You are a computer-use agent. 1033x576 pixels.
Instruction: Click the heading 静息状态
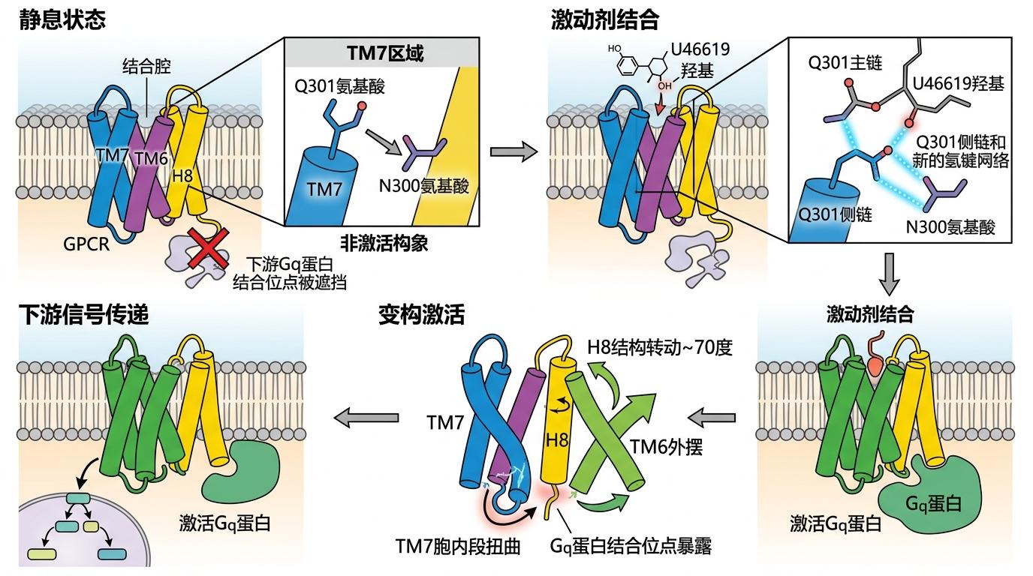[x=62, y=19]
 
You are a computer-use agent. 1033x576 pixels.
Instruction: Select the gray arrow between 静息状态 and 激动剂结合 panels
[x=513, y=152]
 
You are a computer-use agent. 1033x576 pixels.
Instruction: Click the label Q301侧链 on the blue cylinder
[x=835, y=214]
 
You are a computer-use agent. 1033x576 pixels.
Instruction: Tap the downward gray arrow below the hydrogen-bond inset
[x=889, y=275]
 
